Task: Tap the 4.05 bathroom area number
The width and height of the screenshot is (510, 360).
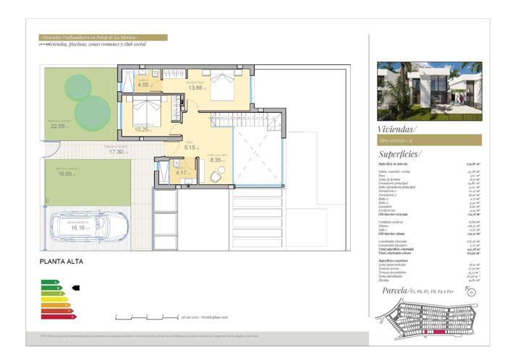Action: pos(143,85)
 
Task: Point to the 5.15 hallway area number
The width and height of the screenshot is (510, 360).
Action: pos(190,147)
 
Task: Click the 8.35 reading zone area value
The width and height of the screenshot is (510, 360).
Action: pos(218,160)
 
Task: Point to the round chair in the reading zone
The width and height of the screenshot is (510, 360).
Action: pos(216,177)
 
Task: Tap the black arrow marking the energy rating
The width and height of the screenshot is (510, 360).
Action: pos(75,287)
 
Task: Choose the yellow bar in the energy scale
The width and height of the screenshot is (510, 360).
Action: pos(54,299)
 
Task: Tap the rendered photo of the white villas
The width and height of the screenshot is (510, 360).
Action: pos(429,90)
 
